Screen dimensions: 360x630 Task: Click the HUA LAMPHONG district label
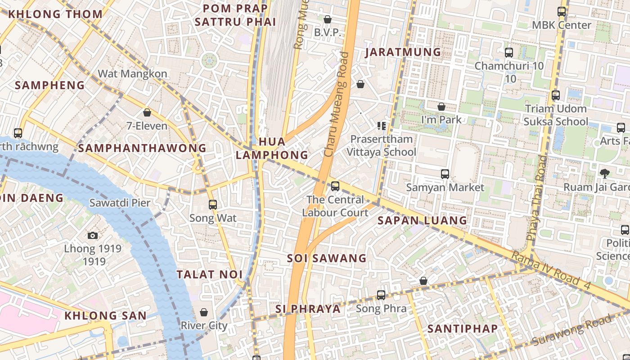click(x=272, y=148)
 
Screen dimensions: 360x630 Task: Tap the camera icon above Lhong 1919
click(x=93, y=235)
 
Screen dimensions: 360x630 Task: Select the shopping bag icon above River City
click(x=204, y=312)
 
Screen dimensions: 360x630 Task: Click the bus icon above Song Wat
click(x=213, y=205)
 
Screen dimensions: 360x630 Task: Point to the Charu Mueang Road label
click(x=337, y=104)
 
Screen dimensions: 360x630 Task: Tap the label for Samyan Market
click(x=445, y=187)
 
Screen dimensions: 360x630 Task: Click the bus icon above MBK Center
click(x=562, y=12)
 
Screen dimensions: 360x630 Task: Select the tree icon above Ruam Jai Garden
click(x=605, y=173)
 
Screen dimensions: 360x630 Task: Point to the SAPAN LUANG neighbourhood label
click(x=422, y=220)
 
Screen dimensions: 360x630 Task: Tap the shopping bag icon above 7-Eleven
click(x=147, y=112)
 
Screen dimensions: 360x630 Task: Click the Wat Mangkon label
click(x=132, y=74)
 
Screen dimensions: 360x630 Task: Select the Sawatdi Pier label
click(x=120, y=203)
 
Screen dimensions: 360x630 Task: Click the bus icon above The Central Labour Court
click(x=335, y=186)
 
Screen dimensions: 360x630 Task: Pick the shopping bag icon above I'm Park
click(x=441, y=107)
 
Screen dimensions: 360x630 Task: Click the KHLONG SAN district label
click(x=105, y=315)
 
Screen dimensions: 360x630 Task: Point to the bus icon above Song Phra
click(x=381, y=295)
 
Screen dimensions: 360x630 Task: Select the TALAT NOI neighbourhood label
click(x=209, y=274)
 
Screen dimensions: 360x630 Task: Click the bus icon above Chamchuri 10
click(x=509, y=53)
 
